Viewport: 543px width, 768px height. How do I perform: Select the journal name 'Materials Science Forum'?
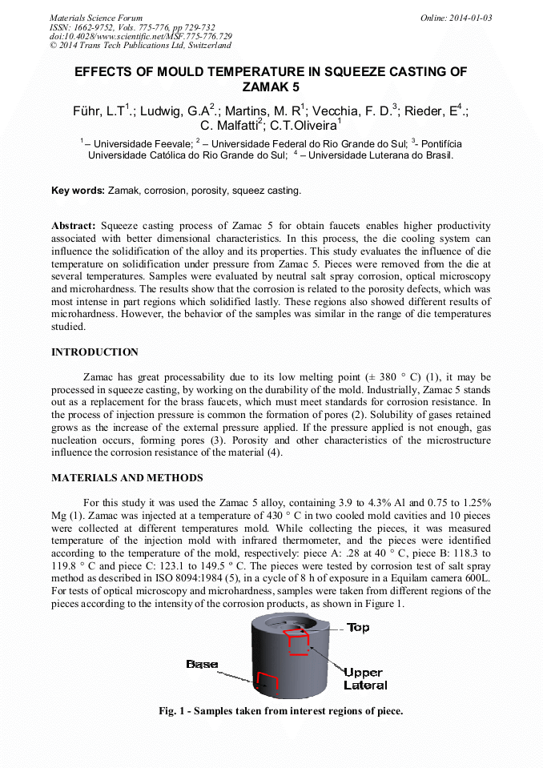pos(96,18)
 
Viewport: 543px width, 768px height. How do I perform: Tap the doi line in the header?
pos(141,36)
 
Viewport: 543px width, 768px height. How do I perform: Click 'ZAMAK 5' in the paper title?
pos(271,86)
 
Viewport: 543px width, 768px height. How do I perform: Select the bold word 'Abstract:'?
pos(74,227)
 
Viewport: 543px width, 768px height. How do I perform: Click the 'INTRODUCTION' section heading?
pos(95,352)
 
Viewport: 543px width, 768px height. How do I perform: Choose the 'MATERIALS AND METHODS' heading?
pos(127,478)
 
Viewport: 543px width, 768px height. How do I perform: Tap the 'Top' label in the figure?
pos(357,628)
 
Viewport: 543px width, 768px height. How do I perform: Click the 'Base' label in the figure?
pos(202,664)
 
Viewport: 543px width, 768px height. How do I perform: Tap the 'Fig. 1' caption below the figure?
pos(280,710)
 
